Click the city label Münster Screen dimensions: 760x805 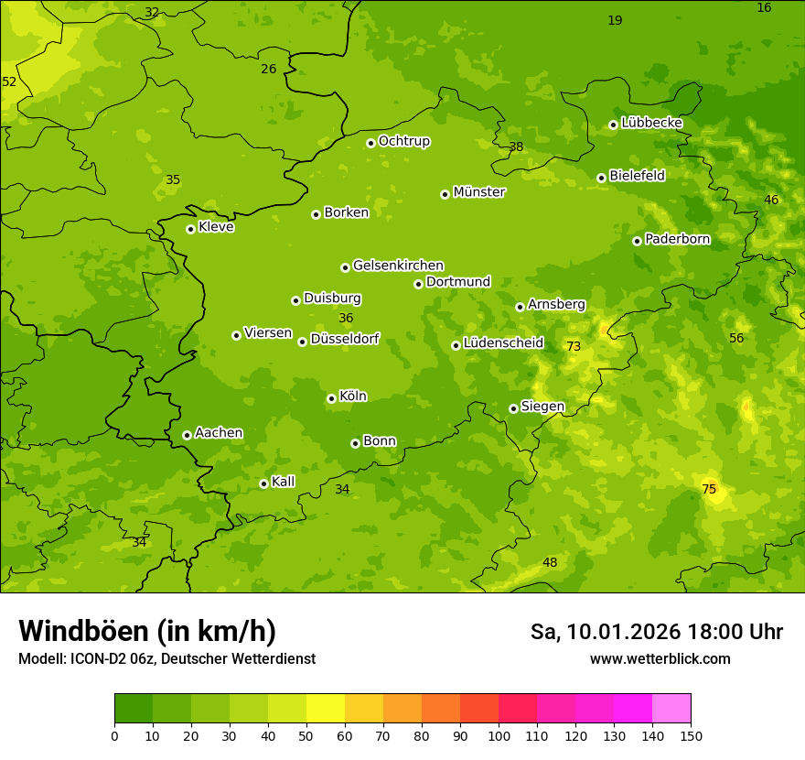pos(478,192)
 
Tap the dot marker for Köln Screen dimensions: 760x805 pos(331,398)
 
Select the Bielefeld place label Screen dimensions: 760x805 pos(637,176)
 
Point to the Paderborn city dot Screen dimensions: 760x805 pos(637,241)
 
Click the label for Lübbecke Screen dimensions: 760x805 pos(651,123)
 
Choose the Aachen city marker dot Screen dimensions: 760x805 pos(187,435)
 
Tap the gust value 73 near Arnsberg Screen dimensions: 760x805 pos(574,346)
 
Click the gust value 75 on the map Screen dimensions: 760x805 pos(709,489)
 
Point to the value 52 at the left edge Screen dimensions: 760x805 pos(9,81)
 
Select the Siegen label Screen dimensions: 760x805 pos(542,407)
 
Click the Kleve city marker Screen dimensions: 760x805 pos(190,229)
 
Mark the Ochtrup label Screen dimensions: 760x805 pos(403,141)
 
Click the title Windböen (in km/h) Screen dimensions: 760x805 pos(147,631)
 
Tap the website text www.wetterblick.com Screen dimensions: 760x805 pos(660,658)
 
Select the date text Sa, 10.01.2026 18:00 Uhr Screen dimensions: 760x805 pos(656,632)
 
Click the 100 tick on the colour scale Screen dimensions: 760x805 pos(499,735)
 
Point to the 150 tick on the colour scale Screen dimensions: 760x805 pos(691,735)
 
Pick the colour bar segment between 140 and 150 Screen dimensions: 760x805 pos(671,708)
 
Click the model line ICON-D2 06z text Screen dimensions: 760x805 pos(166,658)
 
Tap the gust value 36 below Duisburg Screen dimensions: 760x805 pos(346,318)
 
